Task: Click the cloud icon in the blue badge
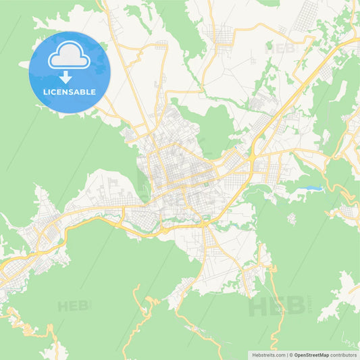coord(70,57)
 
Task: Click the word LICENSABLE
coord(70,91)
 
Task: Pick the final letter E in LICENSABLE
coord(93,91)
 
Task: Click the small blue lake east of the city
coord(312,187)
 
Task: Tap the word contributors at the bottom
coord(344,355)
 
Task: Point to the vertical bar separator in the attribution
coord(286,355)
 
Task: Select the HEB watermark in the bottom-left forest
coord(73,306)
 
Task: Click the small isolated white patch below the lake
coord(292,218)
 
